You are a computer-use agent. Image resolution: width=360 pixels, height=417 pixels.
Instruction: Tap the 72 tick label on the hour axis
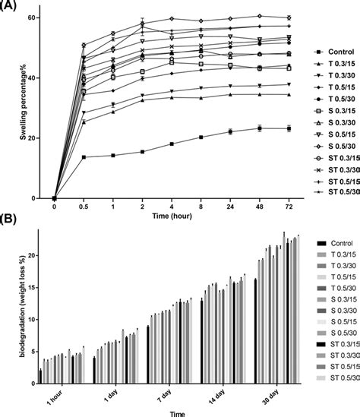tap(288, 207)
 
